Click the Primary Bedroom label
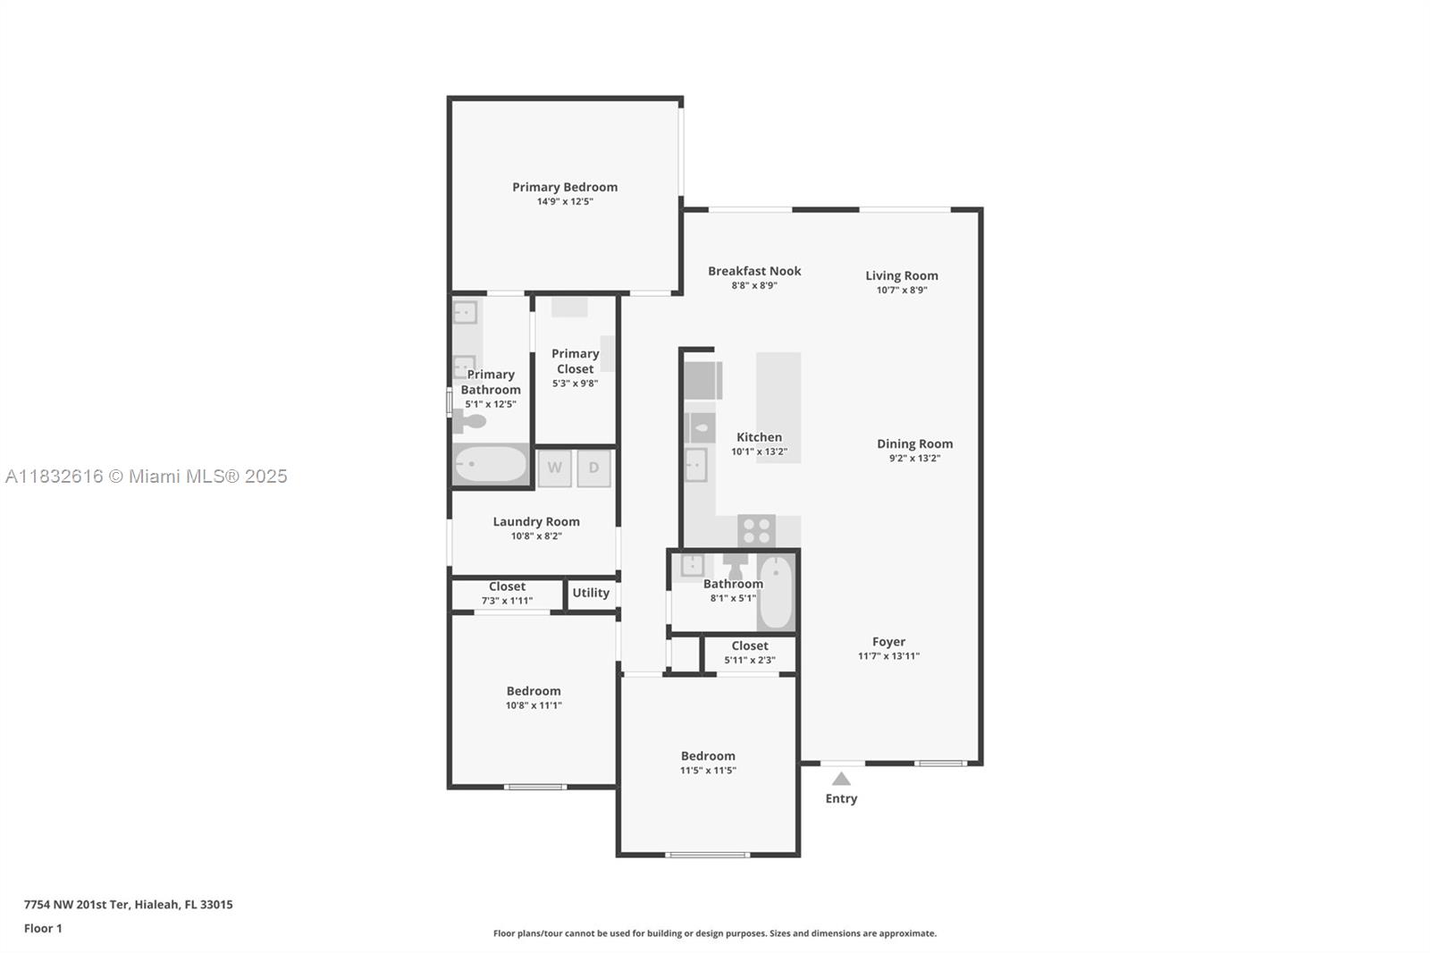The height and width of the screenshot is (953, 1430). (564, 187)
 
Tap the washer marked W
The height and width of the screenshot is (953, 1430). (554, 468)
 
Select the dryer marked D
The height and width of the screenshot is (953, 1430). (593, 468)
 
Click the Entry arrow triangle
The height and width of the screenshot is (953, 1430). (841, 779)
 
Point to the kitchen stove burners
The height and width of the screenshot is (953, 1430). (756, 531)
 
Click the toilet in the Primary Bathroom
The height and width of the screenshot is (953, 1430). (470, 421)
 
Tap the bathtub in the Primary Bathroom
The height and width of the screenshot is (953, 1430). (491, 464)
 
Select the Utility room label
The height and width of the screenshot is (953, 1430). (591, 593)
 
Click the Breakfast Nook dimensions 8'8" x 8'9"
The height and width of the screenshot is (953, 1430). (754, 285)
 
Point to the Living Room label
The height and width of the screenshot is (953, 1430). (902, 275)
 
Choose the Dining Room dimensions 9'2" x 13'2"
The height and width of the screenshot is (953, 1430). (914, 458)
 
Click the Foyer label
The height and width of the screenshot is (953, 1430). (888, 642)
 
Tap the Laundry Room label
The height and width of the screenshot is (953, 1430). (536, 522)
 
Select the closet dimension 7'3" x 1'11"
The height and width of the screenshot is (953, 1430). (507, 601)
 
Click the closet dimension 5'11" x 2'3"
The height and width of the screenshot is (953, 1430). (750, 661)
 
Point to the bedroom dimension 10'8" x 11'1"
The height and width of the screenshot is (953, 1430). (534, 705)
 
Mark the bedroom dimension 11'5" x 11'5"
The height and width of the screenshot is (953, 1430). (708, 771)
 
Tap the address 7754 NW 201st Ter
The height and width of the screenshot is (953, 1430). (77, 905)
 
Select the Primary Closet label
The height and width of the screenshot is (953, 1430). (576, 361)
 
